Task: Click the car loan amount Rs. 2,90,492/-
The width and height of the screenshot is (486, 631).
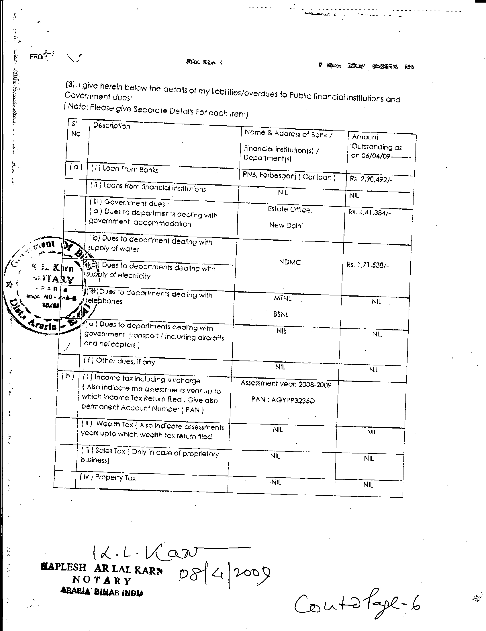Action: point(371,180)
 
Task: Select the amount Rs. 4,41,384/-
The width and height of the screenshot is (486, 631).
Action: point(369,212)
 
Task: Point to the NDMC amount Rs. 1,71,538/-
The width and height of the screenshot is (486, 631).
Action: point(367,265)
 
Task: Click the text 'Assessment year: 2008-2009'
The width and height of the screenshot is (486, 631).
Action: point(286,384)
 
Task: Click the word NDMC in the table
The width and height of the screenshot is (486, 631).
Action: point(290,262)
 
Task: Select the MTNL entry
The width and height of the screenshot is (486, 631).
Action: point(283,298)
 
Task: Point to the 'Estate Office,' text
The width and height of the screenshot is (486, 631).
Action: point(290,209)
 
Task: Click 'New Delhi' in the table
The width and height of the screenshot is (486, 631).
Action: point(286,225)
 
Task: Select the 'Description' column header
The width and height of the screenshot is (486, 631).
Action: point(111,126)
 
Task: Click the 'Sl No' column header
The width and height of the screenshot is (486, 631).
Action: point(76,129)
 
